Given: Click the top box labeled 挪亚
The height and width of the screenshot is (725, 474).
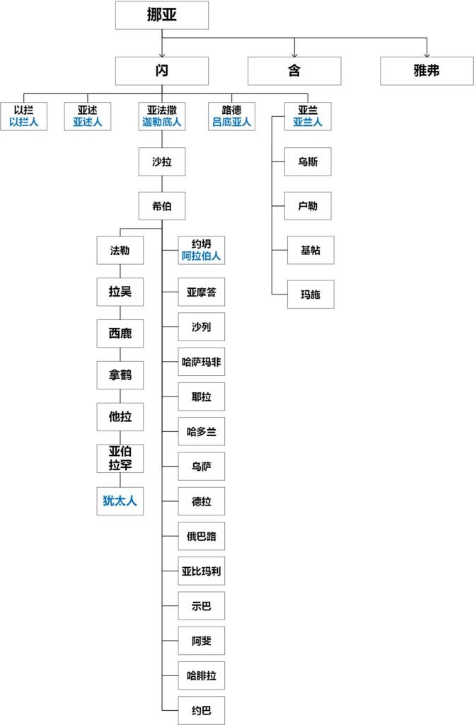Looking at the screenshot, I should click(x=162, y=15).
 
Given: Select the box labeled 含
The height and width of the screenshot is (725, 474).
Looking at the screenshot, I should click(x=294, y=71).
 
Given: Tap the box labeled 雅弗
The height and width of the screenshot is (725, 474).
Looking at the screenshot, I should click(x=427, y=71).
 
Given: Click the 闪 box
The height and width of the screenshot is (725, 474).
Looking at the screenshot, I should click(x=162, y=71).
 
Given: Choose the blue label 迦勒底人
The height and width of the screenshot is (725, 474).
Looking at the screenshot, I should click(x=162, y=122).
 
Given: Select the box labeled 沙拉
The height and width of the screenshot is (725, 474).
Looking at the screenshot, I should click(x=162, y=162).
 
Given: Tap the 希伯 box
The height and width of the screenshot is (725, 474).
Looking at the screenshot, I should click(x=162, y=207).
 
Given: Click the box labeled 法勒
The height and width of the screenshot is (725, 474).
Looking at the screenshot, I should click(x=120, y=250).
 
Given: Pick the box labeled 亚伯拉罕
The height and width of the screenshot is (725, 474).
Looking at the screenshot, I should click(x=120, y=458).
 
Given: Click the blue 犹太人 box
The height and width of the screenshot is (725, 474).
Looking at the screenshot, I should click(x=120, y=501).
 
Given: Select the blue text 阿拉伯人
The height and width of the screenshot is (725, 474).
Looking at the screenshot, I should click(x=202, y=256).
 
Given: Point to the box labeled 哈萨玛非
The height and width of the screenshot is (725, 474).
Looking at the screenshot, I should click(x=202, y=361).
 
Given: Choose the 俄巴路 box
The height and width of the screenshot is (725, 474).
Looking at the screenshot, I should click(x=202, y=536).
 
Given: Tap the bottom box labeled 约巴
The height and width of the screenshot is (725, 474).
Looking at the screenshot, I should click(x=202, y=710).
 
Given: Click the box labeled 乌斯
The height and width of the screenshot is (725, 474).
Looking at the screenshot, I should click(x=308, y=162).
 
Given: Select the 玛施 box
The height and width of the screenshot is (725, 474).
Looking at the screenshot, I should click(x=310, y=295).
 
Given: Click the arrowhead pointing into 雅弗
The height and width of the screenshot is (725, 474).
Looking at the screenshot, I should click(x=427, y=54).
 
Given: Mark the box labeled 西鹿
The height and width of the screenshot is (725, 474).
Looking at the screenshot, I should click(x=120, y=333).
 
